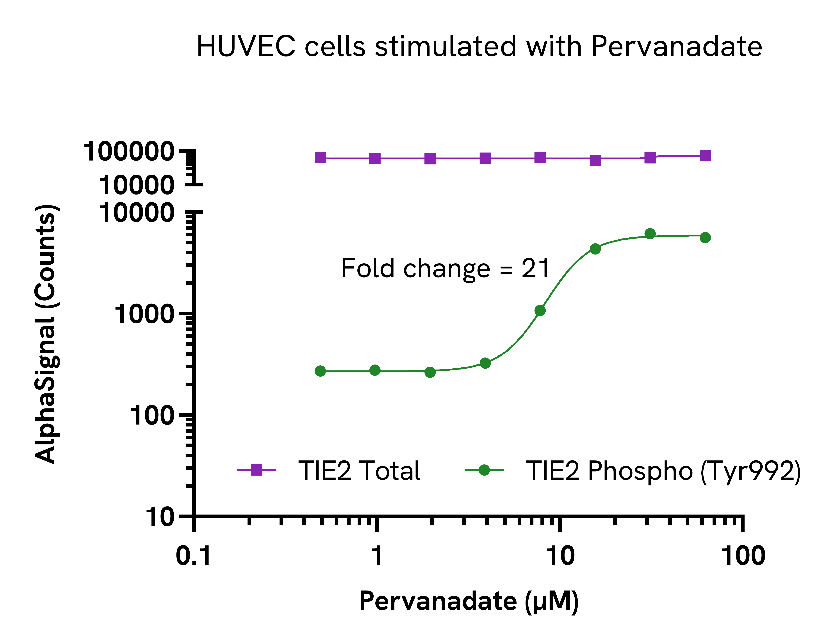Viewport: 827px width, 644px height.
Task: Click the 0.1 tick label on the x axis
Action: point(194,556)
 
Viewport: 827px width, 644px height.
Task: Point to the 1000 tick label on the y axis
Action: point(144,314)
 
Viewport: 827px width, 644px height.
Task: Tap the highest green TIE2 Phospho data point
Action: point(650,234)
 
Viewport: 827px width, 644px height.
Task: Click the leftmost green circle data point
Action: point(320,371)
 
